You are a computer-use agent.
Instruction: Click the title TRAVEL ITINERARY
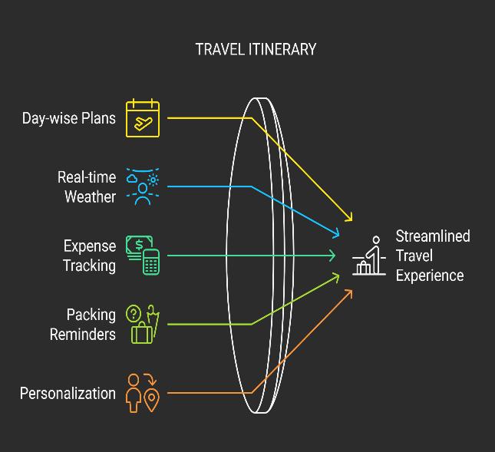click(x=256, y=50)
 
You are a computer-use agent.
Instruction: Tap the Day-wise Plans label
click(x=69, y=119)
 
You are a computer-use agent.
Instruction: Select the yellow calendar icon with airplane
click(x=143, y=119)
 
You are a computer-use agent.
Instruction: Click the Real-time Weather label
click(x=87, y=187)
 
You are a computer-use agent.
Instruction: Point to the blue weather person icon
click(x=143, y=186)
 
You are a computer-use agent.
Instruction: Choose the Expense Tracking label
click(x=90, y=256)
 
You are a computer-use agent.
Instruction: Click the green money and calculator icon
click(x=143, y=255)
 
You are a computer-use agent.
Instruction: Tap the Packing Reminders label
click(x=83, y=325)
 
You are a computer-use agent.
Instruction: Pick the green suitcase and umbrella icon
click(x=143, y=324)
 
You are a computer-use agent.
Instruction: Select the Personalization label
click(x=68, y=394)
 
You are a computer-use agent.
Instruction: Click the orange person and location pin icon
click(x=143, y=393)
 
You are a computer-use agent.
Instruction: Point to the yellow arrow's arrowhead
click(x=350, y=218)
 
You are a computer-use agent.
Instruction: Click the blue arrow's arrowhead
click(x=337, y=233)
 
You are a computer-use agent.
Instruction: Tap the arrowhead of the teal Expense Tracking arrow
click(x=332, y=255)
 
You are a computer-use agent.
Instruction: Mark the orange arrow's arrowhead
click(x=349, y=292)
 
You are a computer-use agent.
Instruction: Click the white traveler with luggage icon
click(x=370, y=256)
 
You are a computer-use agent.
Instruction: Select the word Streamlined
click(x=433, y=236)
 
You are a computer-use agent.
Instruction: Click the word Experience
click(x=430, y=275)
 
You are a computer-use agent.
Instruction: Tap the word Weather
click(x=90, y=197)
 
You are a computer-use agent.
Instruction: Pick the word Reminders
click(x=83, y=335)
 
